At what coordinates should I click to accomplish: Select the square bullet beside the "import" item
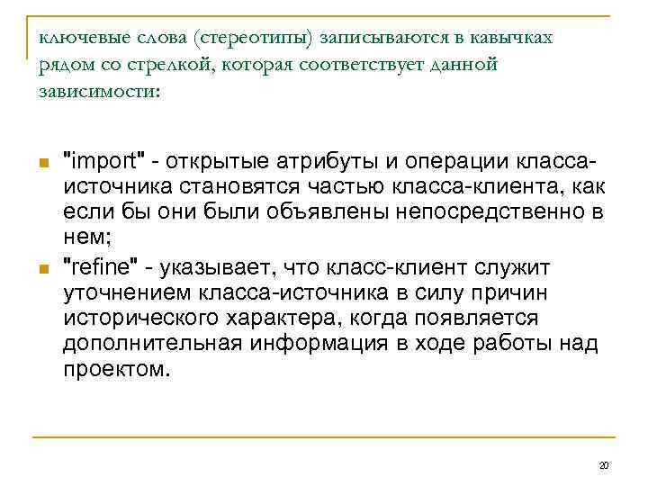pyautogui.click(x=42, y=163)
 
